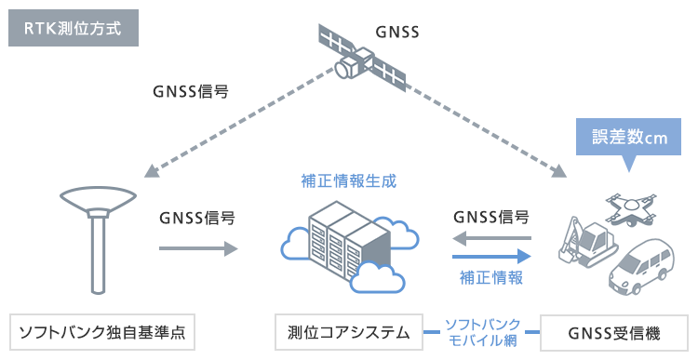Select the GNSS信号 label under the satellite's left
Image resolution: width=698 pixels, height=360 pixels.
(191, 92)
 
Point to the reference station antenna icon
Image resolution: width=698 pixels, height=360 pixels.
(98, 236)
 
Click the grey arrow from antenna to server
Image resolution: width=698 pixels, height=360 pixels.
(196, 248)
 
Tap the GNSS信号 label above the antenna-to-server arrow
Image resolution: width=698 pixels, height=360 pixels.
(196, 219)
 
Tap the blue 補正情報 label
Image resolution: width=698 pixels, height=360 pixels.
(491, 277)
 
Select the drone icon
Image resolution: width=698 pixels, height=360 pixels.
(635, 208)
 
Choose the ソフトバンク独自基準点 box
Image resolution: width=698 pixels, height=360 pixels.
(102, 331)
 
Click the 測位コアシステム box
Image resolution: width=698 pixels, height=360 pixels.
(348, 331)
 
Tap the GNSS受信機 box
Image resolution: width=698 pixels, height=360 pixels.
(614, 331)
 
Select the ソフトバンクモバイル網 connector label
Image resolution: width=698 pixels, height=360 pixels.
(481, 331)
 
